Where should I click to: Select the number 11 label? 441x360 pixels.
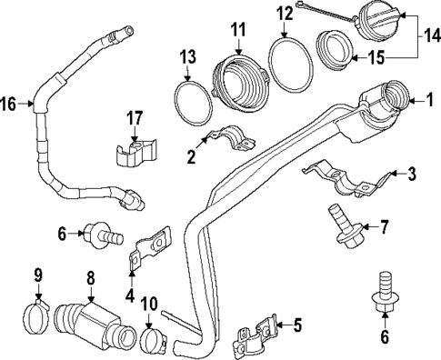[x=238, y=31]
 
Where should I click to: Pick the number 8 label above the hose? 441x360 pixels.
[x=91, y=279]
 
